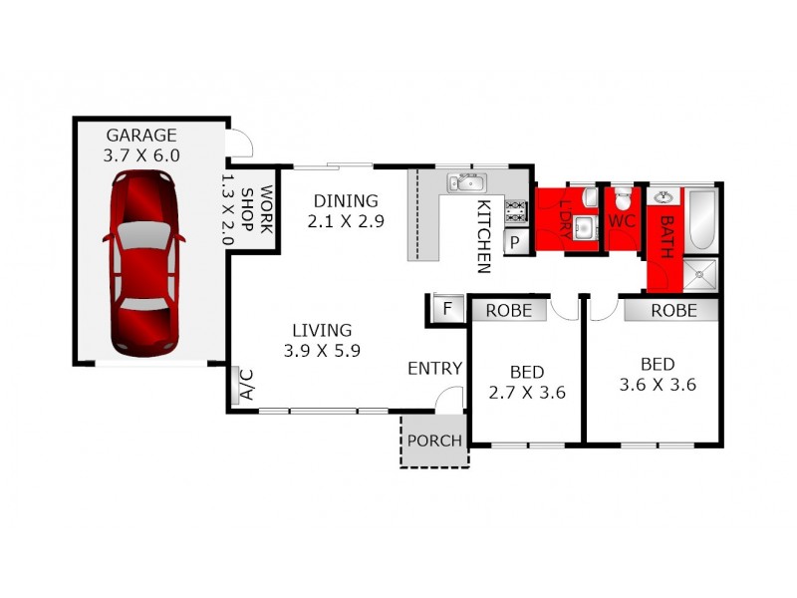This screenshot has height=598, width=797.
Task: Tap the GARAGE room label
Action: coord(141,136)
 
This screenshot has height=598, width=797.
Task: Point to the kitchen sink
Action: coord(465,182)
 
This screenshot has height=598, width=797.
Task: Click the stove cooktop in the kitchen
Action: coord(517,211)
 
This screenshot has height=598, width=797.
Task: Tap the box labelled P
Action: coord(517,242)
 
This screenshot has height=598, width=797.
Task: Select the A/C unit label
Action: coord(242,386)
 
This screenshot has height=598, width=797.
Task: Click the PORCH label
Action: coord(434,441)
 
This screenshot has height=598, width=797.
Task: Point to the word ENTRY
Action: coord(434,369)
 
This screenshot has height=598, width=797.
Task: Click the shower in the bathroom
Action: coord(701,272)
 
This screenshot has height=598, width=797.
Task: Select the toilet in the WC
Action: coord(623,195)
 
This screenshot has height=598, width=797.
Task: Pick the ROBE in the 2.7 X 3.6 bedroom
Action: coord(515,310)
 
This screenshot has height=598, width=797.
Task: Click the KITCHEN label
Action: coord(483,236)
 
